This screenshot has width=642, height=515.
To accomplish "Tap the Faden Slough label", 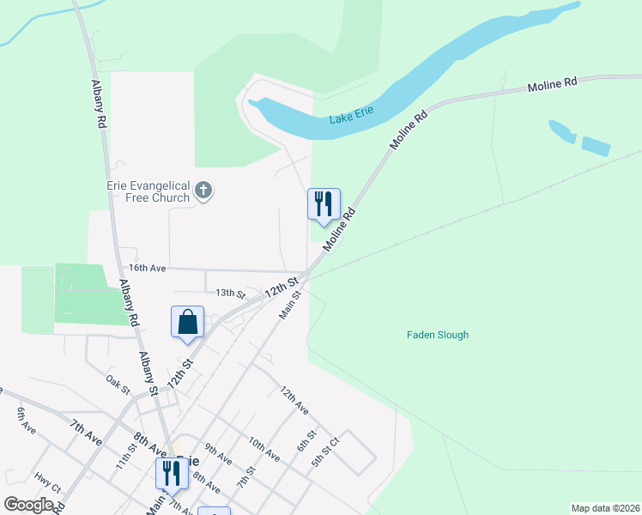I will click(x=438, y=335).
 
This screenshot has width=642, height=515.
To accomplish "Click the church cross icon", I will click(x=203, y=191).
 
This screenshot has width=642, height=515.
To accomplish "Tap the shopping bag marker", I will click(x=188, y=323).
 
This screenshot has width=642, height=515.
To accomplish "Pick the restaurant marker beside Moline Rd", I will click(x=324, y=204).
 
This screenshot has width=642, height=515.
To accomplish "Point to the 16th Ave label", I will click(x=147, y=269).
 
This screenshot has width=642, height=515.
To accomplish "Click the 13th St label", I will click(x=230, y=293).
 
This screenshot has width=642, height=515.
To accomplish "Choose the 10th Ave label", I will click(x=263, y=448).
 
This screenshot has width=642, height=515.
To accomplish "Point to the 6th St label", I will click(x=307, y=439).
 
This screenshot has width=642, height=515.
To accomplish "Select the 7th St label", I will click(x=246, y=476).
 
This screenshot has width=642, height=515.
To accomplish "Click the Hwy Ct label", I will click(x=47, y=483).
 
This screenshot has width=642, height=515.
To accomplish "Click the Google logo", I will click(x=29, y=505).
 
